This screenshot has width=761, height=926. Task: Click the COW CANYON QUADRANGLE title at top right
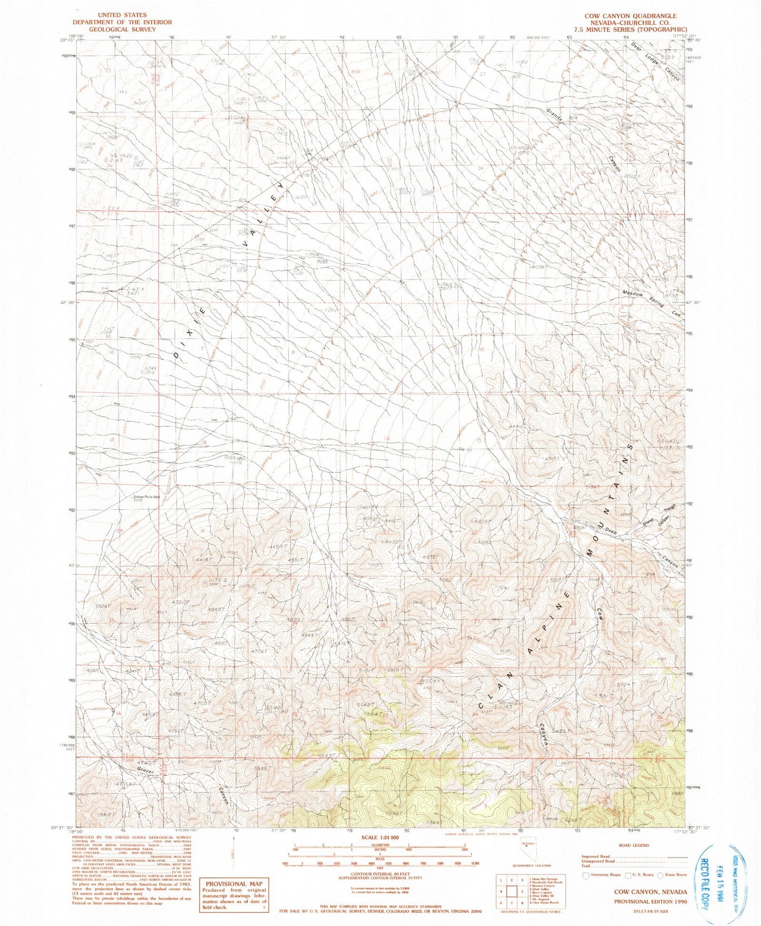pos(630,16)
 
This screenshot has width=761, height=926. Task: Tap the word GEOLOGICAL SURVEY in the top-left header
pos(122,29)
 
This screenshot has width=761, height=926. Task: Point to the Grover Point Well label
pos(146,496)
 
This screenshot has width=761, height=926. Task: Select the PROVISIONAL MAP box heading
pos(234,884)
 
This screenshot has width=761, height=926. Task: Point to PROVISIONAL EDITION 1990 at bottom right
pos(650,901)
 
